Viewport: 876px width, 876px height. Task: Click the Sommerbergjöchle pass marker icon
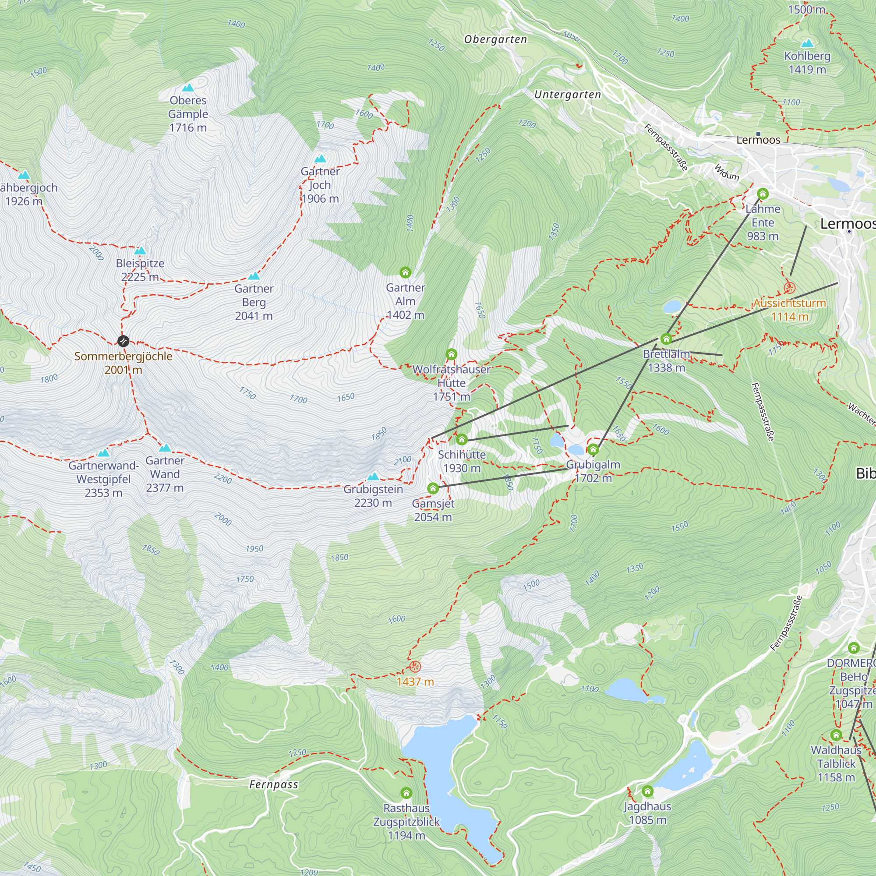pos(123,340)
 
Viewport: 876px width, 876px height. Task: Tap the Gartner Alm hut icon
pos(405,272)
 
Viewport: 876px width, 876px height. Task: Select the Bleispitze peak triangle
pos(140,251)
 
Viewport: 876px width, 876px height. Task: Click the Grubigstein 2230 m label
pos(373,496)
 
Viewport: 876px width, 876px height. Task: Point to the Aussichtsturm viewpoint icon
pos(789,287)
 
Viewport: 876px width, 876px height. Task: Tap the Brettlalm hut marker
pos(666,339)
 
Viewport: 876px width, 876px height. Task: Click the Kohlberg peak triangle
pos(807,44)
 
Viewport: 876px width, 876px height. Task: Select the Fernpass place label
pos(274,785)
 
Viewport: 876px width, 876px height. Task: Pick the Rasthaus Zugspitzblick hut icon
pos(406,793)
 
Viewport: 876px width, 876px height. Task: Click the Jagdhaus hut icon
pos(647,791)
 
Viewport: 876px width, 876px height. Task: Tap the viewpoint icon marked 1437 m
pos(415,667)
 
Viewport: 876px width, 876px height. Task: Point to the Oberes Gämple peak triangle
pos(188,88)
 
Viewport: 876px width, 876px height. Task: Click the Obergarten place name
pos(495,39)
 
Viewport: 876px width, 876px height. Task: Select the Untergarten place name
pos(567,95)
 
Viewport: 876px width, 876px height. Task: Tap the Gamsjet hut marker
pos(433,488)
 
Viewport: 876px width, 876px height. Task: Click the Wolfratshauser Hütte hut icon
pos(451,354)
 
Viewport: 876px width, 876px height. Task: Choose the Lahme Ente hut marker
pos(763,194)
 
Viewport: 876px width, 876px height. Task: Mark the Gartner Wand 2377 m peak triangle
pos(165,448)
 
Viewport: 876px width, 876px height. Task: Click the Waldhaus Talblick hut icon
pos(836,735)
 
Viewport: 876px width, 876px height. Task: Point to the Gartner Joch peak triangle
pos(321,159)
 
